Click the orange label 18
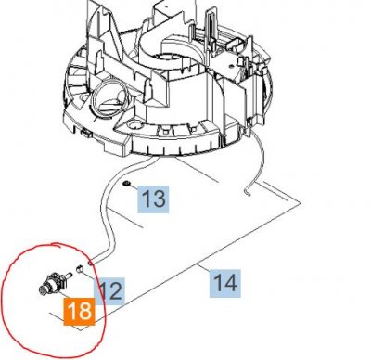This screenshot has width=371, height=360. click(79, 312)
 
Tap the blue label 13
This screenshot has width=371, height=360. click(153, 199)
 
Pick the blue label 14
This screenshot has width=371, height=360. click(225, 283)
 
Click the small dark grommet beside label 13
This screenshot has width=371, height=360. click(126, 185)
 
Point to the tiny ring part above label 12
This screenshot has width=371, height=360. click(80, 269)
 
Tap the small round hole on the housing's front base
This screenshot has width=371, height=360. click(135, 125)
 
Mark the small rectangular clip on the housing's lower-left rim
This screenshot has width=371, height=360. click(86, 134)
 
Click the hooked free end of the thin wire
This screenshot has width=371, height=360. click(248, 192)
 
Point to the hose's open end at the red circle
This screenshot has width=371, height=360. click(90, 264)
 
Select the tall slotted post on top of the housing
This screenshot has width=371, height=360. click(211, 26)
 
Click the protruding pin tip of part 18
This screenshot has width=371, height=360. click(70, 274)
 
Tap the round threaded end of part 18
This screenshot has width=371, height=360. click(44, 290)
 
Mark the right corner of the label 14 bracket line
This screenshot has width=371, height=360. click(300, 203)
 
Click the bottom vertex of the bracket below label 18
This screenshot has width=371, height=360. click(82, 330)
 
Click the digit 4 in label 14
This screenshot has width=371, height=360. click(231, 283)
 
